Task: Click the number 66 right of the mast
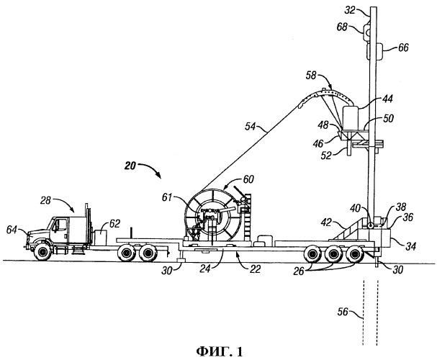pyautogui.click(x=402, y=48)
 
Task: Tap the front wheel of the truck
pyautogui.click(x=40, y=251)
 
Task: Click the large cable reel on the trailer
pyautogui.click(x=210, y=217)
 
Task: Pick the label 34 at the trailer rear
pyautogui.click(x=411, y=246)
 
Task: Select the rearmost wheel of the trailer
pyautogui.click(x=356, y=255)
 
